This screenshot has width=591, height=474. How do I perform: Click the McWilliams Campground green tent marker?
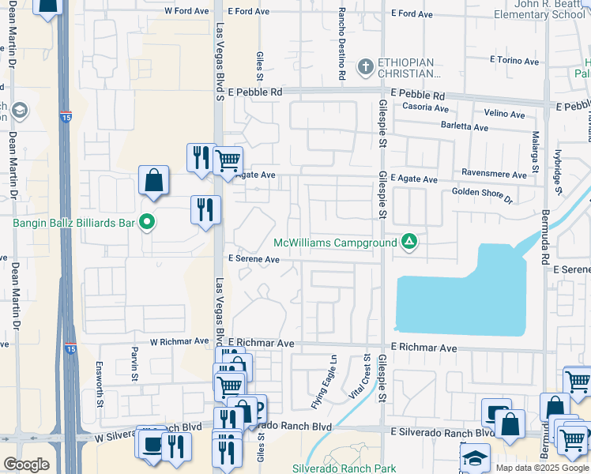409,242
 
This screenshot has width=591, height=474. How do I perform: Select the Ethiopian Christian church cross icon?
365,66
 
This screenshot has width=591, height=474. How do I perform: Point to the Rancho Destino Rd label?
341,43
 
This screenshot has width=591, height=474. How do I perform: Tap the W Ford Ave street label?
187,12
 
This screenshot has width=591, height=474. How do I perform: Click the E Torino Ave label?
514,61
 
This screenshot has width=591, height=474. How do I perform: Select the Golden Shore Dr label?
481,192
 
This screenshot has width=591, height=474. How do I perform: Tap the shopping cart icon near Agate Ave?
228,161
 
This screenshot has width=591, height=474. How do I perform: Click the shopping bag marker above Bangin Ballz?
153,180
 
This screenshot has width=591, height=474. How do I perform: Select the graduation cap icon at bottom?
475,458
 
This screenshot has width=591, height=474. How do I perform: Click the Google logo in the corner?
27,465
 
